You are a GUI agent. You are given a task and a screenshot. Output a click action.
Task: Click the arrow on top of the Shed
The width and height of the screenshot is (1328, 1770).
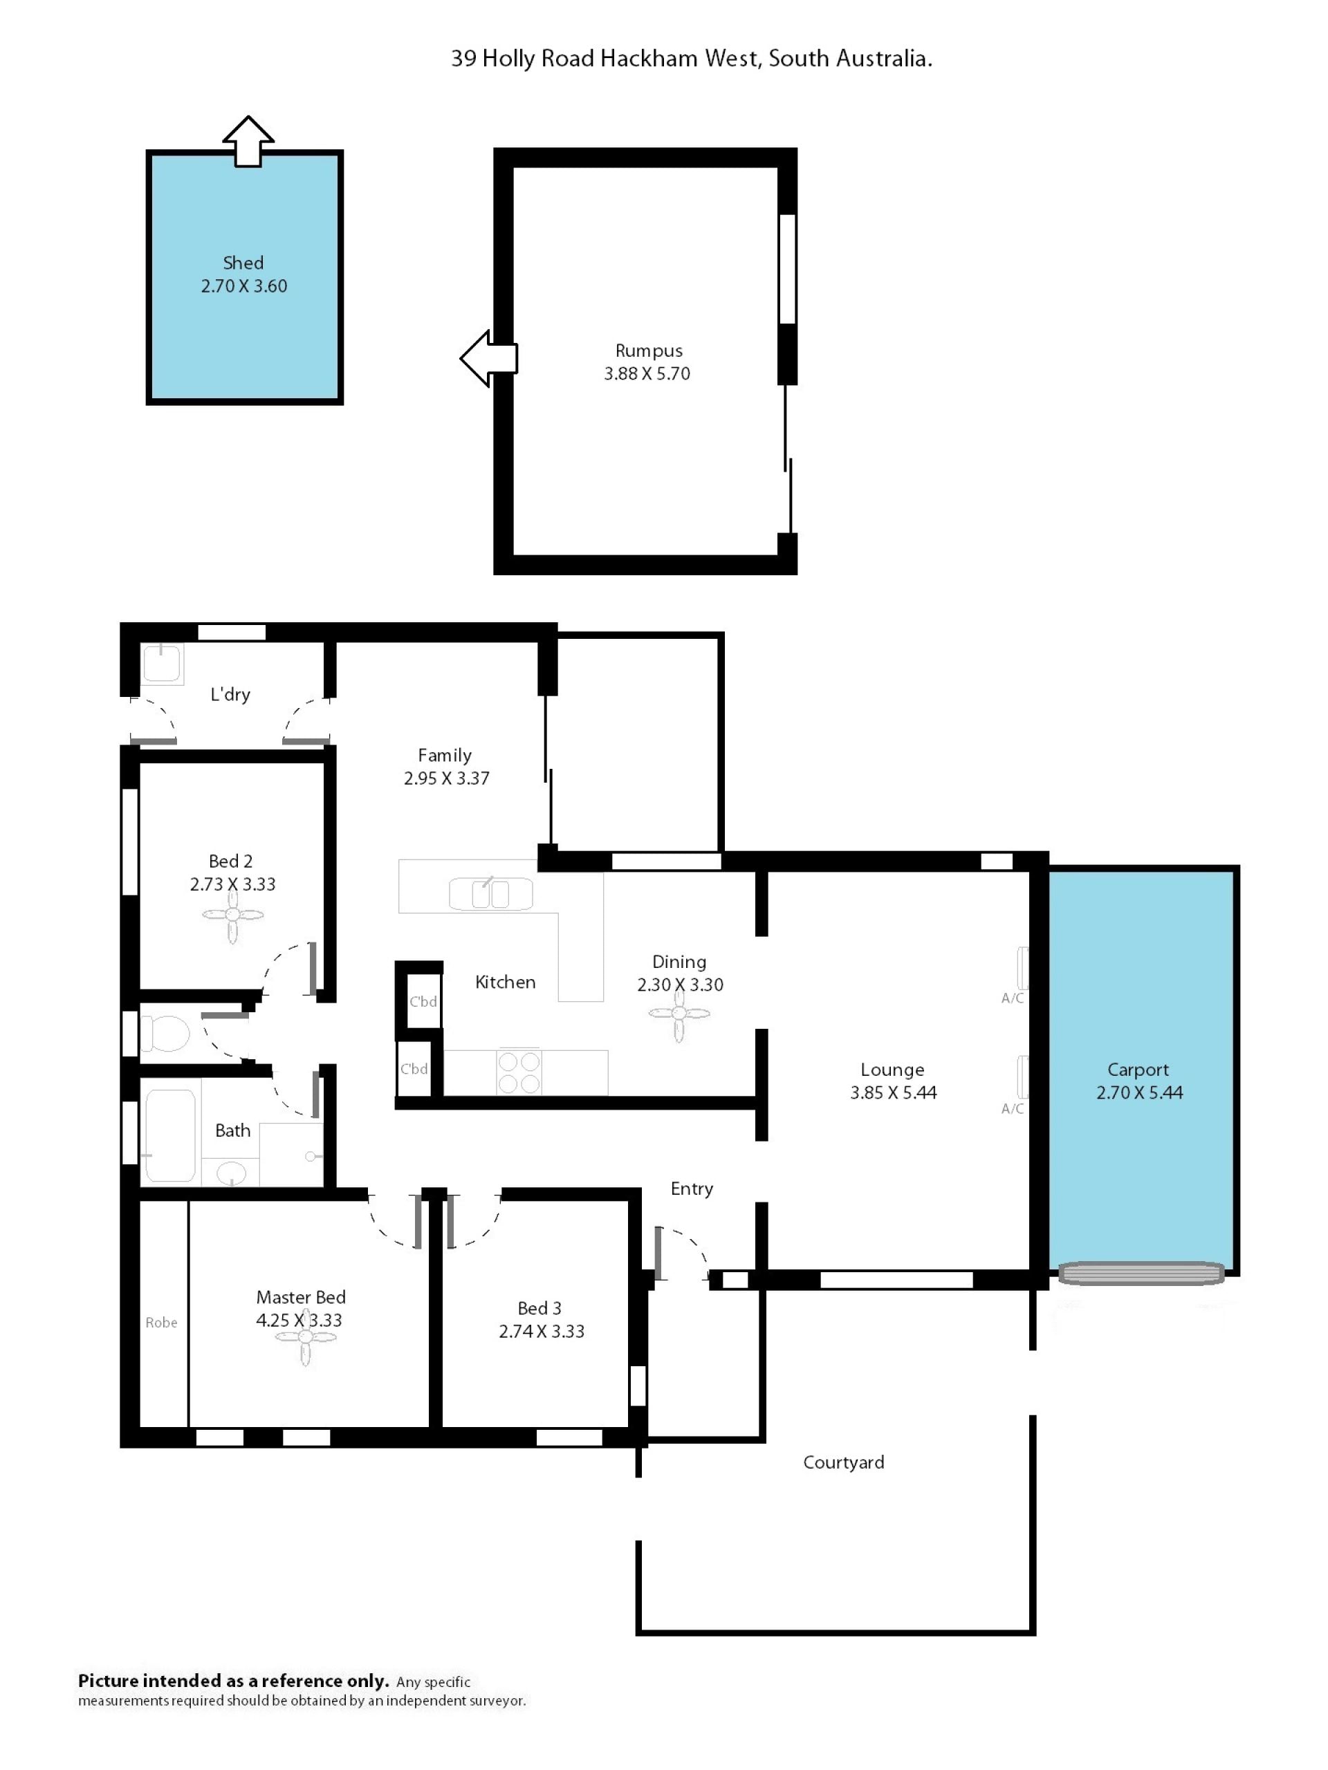tap(248, 142)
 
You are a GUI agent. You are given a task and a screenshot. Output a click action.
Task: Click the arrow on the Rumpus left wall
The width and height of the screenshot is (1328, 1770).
tap(489, 357)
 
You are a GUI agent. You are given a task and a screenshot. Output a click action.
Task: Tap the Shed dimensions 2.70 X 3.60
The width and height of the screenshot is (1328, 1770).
tap(244, 286)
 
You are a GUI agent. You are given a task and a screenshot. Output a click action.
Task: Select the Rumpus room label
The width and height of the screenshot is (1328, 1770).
tap(648, 351)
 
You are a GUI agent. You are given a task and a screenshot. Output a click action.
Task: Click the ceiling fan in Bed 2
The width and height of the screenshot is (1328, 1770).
tap(232, 915)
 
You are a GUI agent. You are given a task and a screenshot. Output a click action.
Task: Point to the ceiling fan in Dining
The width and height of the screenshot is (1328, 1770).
tap(679, 1014)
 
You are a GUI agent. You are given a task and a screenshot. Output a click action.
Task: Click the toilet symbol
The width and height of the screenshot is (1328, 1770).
tap(166, 1033)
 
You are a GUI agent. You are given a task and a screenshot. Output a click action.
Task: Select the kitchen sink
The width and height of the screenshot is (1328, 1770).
tap(490, 894)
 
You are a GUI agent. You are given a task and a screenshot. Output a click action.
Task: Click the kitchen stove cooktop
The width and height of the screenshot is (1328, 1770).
tap(519, 1072)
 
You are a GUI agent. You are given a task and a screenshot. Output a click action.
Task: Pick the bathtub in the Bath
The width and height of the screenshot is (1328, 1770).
tap(169, 1135)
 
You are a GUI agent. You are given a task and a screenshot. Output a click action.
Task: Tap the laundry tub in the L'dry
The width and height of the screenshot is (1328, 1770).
tap(163, 663)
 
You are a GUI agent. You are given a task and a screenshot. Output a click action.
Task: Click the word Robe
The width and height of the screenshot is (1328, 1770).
tap(161, 1323)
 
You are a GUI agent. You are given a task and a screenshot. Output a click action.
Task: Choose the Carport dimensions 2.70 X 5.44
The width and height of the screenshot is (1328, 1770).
tap(1139, 1092)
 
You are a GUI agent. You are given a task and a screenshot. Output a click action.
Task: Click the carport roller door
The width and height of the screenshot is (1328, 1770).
tap(1141, 1272)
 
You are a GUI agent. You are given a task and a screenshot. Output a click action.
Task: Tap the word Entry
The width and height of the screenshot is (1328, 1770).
tap(692, 1189)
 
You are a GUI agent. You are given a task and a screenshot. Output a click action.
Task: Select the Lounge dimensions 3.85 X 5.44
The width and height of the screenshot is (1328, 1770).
tap(894, 1092)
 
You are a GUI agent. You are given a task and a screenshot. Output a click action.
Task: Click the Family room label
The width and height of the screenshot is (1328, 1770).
tap(444, 756)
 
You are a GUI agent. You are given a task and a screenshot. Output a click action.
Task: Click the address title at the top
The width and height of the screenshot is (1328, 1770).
tap(692, 58)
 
